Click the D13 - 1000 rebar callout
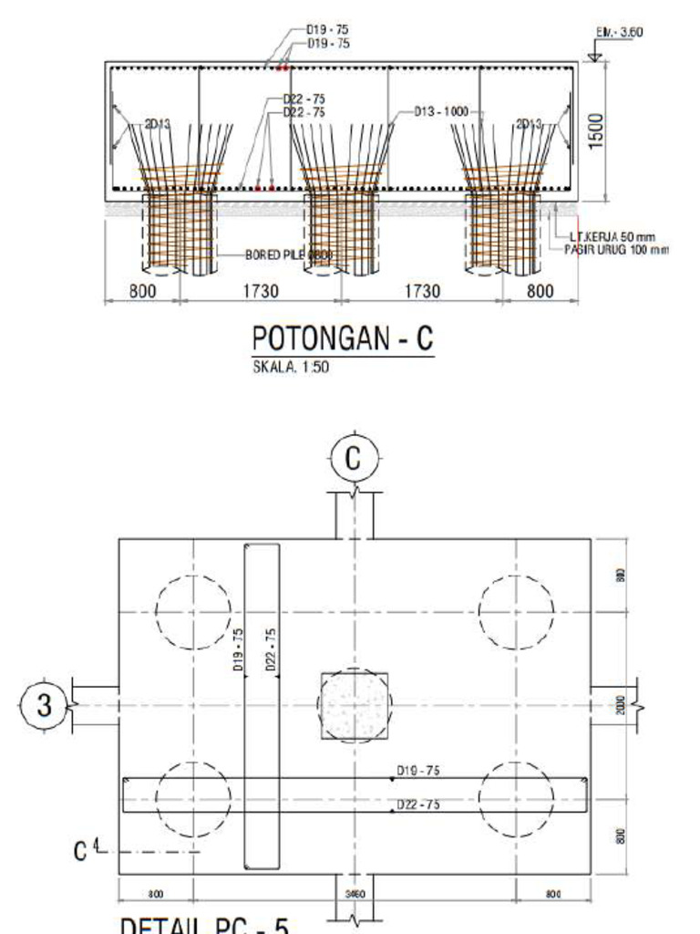click(441, 111)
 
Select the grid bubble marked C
click(354, 460)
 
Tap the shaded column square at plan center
click(355, 706)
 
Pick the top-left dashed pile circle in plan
click(193, 612)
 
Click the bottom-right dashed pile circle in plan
click(516, 799)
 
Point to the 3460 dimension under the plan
click(355, 895)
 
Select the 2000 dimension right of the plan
click(621, 705)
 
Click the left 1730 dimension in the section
click(261, 292)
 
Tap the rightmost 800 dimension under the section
click(540, 292)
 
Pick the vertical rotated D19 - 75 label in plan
click(239, 650)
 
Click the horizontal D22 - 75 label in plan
click(418, 804)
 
